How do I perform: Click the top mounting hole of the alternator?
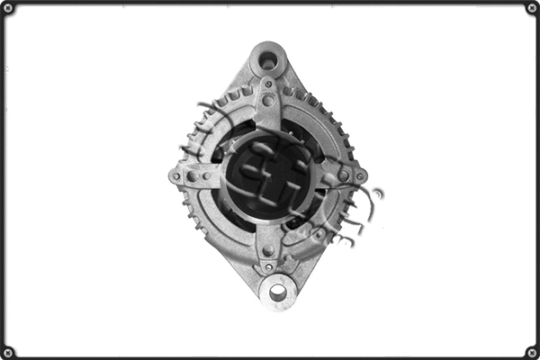pos(267,61)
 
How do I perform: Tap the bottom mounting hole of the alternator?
pos(278,292)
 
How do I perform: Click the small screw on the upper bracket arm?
pos(267,84)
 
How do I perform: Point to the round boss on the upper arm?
pos(268,100)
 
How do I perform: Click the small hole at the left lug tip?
pos(175,176)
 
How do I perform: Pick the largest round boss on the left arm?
pos(192,176)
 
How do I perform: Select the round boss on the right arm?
pos(343,175)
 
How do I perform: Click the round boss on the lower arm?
pos(268,250)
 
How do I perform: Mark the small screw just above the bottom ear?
pos(268,266)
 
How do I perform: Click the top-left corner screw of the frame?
pos(8,8)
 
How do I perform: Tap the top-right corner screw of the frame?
pos(531,8)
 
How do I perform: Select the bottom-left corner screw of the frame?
pos(8,351)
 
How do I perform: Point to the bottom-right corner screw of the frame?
pos(531,351)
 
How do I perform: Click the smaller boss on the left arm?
pos(209,176)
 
